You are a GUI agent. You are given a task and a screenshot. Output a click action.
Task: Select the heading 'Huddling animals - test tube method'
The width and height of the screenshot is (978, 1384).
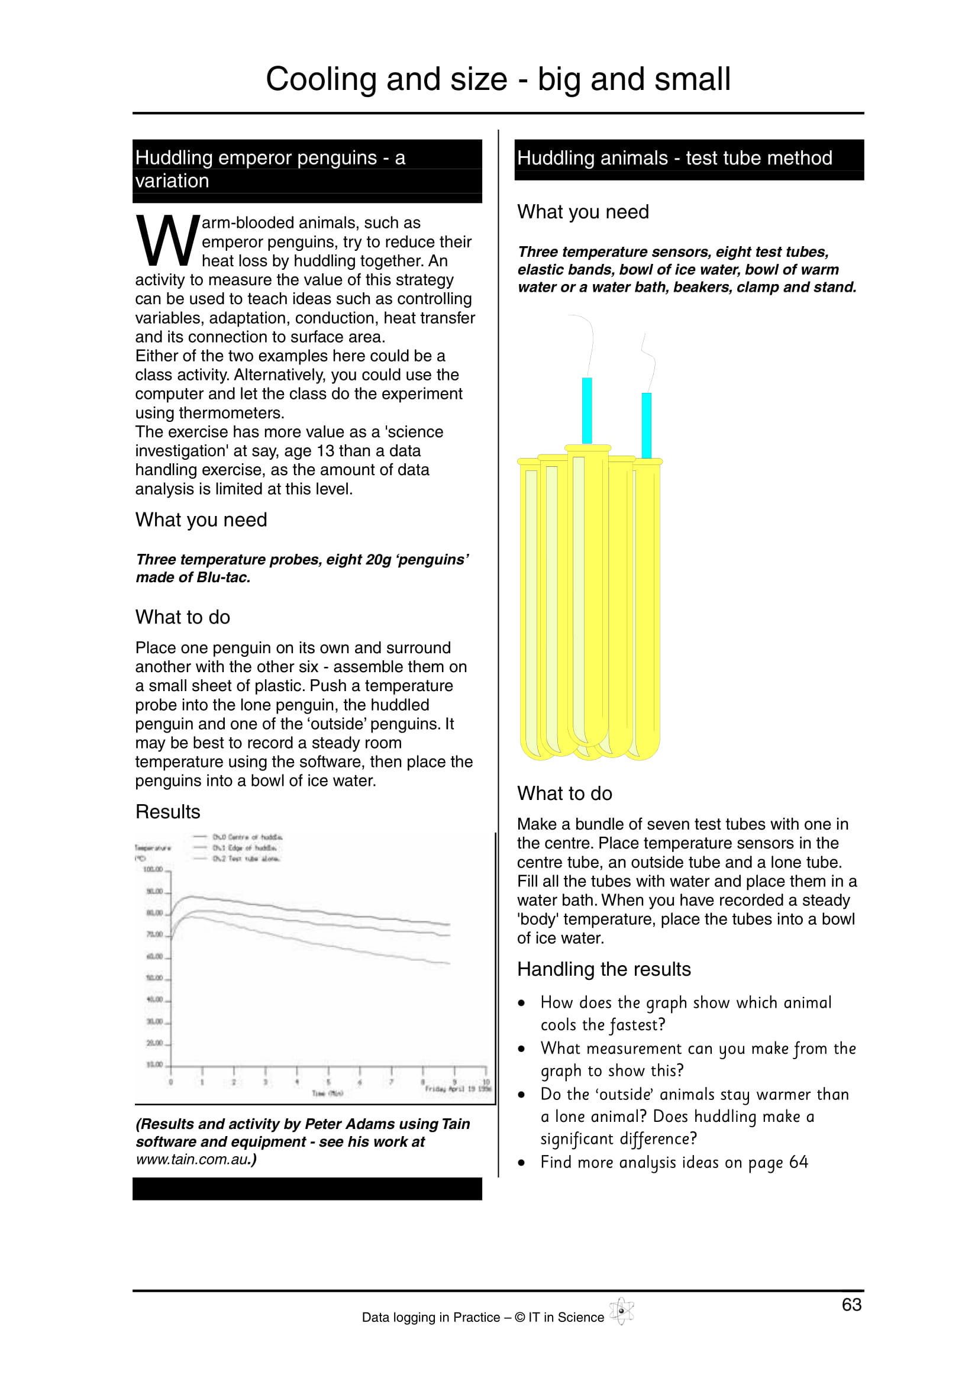[x=674, y=158]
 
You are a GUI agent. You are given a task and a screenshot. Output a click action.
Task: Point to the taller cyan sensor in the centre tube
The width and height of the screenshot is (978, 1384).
[x=587, y=410]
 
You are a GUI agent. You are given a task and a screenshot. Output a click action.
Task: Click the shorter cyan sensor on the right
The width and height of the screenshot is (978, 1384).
[x=647, y=425]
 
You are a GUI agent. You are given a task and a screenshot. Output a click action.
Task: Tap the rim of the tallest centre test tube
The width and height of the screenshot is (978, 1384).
[x=588, y=448]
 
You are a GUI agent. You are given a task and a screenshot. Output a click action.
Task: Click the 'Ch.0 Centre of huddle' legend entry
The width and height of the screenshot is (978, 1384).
[x=247, y=837]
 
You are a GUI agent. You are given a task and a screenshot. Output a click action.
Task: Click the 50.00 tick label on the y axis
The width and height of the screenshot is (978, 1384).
[x=154, y=977]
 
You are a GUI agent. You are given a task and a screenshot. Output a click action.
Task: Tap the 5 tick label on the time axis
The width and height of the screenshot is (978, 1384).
[x=328, y=1082]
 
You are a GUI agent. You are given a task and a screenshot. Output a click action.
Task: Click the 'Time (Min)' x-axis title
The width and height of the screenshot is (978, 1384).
[x=327, y=1093]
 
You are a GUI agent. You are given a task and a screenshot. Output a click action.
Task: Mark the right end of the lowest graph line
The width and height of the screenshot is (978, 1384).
[x=449, y=963]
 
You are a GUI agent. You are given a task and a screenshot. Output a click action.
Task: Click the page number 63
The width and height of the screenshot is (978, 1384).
[x=851, y=1304]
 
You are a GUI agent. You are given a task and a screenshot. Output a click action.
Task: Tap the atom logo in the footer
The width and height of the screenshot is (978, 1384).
[x=621, y=1311]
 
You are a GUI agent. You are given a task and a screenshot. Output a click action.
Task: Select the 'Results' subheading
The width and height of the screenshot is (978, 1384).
[x=167, y=812]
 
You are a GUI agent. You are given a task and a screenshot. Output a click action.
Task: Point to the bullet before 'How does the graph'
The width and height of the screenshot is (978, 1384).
[x=522, y=1004]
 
